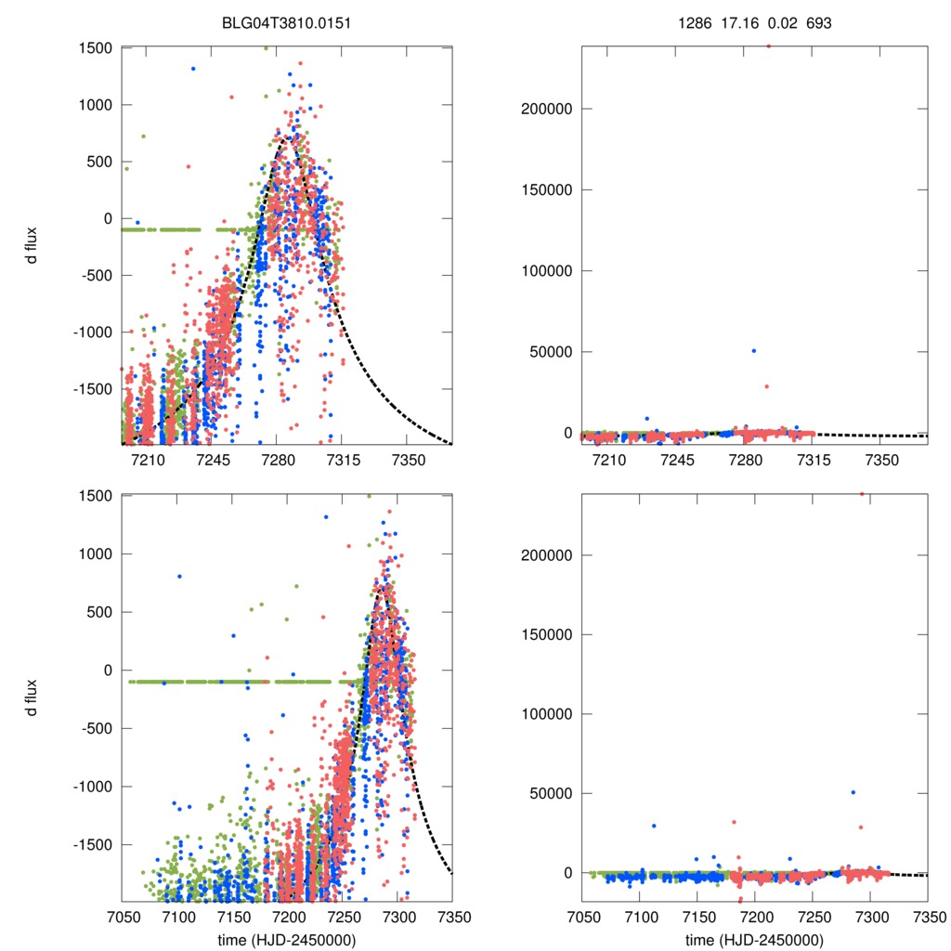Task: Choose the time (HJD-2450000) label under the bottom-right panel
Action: click(754, 940)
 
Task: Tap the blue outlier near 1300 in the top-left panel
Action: click(193, 68)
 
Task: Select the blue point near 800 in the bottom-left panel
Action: click(179, 576)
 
